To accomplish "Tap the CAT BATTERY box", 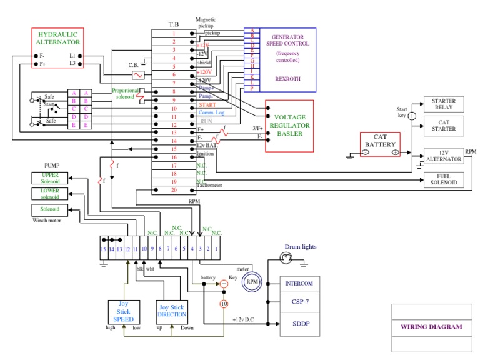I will click(381, 145).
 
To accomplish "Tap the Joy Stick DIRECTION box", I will click(172, 311).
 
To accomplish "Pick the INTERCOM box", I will click(299, 283).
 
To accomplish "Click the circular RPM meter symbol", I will click(252, 281).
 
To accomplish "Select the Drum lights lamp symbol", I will click(286, 257).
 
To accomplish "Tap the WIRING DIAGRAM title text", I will click(431, 327).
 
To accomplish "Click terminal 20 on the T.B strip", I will click(174, 190).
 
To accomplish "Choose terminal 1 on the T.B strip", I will click(174, 32).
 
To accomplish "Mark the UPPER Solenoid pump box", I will click(51, 178).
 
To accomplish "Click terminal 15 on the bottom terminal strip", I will click(104, 249).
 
